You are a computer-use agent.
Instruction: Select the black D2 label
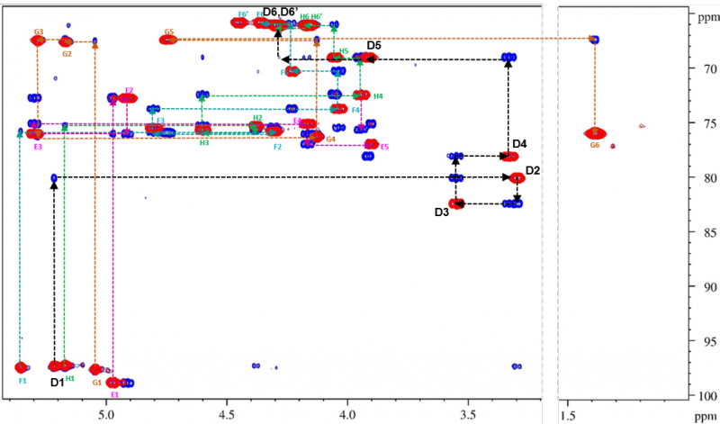click(533, 170)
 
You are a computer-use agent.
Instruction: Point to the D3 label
click(441, 212)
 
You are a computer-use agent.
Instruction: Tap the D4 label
click(519, 144)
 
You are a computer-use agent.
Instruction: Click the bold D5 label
click(374, 45)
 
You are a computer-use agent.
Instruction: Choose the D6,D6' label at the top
click(280, 12)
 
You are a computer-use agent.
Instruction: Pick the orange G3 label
click(38, 32)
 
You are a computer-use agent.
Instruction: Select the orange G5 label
click(169, 32)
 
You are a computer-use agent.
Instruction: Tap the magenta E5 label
click(384, 147)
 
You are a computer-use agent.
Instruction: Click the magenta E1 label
click(114, 394)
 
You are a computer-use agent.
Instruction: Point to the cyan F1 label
click(22, 381)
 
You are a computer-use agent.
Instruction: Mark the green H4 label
click(378, 96)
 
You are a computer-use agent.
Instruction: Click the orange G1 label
click(97, 382)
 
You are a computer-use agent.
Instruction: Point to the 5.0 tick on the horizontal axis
click(106, 416)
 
